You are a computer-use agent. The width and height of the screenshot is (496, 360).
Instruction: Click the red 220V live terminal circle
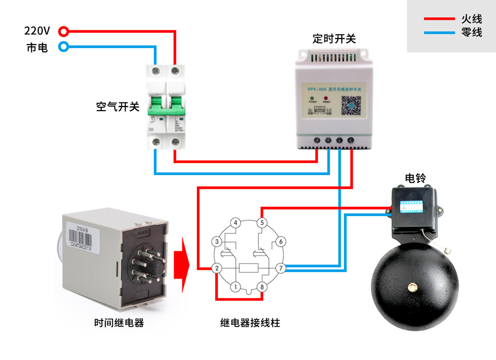coord(63,32)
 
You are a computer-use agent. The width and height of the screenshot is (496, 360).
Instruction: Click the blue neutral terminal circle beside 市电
coord(63,48)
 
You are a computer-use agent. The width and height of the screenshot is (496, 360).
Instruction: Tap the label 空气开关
coord(118,107)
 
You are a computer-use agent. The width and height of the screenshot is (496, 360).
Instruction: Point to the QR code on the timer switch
coord(351,105)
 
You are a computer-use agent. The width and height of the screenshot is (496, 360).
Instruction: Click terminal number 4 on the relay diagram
coord(236,223)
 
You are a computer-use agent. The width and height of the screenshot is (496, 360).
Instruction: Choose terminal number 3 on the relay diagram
coord(217,241)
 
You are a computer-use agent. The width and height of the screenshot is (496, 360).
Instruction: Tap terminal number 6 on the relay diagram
coord(281,241)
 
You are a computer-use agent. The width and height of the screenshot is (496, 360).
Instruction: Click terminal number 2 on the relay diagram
coord(217,268)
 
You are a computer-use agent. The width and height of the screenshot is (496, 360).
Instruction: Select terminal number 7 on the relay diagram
coord(281,268)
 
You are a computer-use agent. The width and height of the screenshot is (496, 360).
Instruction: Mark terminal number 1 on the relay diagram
coord(236,287)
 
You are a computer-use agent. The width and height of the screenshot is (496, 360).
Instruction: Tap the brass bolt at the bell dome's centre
coord(412,287)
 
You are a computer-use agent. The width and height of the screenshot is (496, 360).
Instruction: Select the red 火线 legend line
coord(439,19)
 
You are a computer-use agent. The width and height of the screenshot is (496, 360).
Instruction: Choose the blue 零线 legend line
coord(439,33)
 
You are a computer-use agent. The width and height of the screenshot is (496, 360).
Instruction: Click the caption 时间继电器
coord(119,323)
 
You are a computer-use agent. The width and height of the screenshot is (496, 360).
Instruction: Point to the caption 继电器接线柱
coord(250,323)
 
